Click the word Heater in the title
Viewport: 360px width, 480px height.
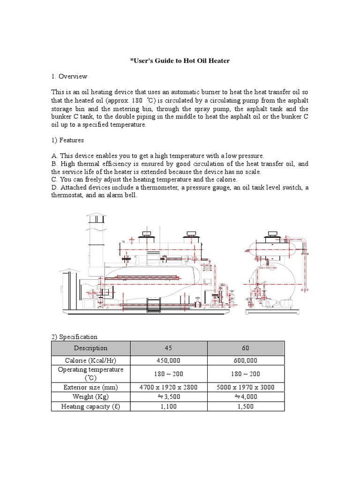(218, 61)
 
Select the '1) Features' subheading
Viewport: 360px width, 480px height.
(67, 140)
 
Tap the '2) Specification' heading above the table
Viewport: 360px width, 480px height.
(75, 337)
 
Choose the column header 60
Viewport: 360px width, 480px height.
(246, 348)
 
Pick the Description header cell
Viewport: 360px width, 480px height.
(90, 348)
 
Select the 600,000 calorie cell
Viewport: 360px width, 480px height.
(246, 360)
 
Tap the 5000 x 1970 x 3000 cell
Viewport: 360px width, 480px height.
(246, 387)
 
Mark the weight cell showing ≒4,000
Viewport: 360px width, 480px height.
(246, 397)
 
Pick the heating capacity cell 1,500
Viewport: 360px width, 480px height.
(246, 406)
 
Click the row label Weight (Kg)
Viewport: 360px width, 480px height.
(90, 397)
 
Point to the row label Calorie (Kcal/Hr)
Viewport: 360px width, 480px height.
(90, 360)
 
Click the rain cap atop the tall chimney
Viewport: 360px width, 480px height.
(96, 217)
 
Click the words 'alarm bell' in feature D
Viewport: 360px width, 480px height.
(122, 195)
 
